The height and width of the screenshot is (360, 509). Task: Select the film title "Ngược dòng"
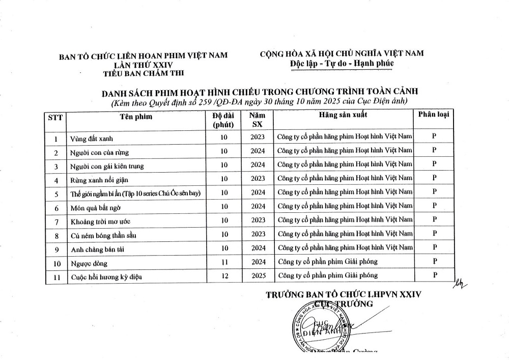pyautogui.click(x=89, y=264)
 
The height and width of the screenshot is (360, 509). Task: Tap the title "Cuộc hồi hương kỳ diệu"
pyautogui.click(x=105, y=277)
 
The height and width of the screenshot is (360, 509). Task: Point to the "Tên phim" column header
pyautogui.click(x=136, y=117)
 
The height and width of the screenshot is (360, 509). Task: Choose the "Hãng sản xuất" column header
pyautogui.click(x=343, y=115)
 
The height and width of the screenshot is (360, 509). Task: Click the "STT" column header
pyautogui.click(x=55, y=117)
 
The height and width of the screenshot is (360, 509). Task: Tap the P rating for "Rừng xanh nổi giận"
pyautogui.click(x=434, y=178)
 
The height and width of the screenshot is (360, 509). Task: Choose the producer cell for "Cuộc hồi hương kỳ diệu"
pyautogui.click(x=327, y=275)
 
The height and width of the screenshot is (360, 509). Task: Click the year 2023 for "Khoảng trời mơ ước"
pyautogui.click(x=258, y=220)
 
